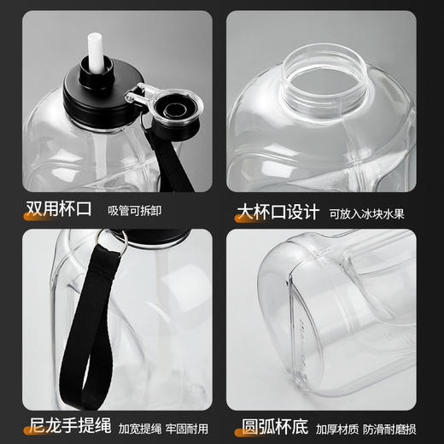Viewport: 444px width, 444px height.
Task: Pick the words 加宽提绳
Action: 134,426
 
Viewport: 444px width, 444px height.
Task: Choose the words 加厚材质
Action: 335,426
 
